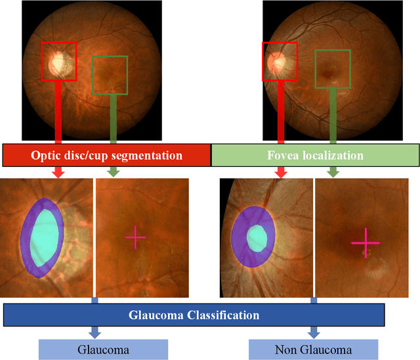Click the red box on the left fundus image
58,44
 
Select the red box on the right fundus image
280,44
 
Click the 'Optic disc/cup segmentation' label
106,156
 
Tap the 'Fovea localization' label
315,156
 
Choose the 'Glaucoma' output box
103,349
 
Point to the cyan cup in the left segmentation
45,238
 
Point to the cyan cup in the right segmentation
257,236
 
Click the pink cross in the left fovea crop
135,237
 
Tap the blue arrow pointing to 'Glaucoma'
94,332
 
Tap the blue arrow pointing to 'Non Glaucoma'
314,332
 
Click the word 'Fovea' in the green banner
283,156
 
